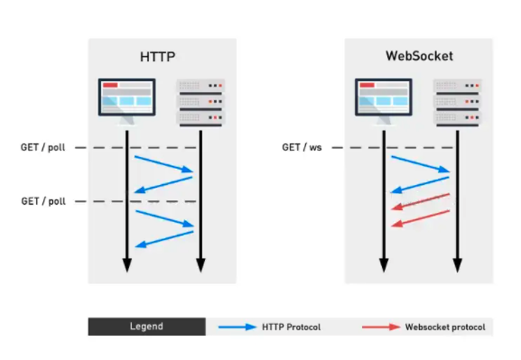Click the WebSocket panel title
click(x=418, y=56)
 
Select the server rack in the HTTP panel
click(x=200, y=101)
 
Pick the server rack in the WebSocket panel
click(x=457, y=101)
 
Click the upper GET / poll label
click(x=43, y=146)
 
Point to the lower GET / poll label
click(x=43, y=200)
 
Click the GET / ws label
click(x=302, y=146)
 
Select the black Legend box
click(x=146, y=326)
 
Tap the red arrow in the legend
click(x=379, y=326)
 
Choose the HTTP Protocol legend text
click(x=291, y=326)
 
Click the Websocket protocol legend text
click(x=444, y=326)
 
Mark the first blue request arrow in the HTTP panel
click(x=163, y=163)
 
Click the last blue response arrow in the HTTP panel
click(x=163, y=239)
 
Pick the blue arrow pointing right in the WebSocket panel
click(x=420, y=163)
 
